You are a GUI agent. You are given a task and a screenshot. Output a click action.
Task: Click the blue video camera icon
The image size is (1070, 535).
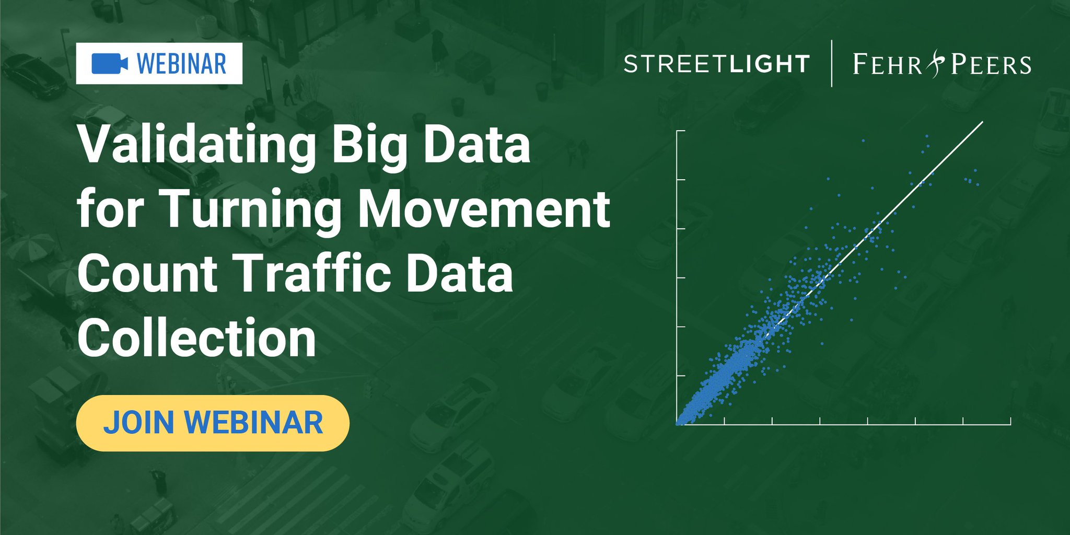pos(110,64)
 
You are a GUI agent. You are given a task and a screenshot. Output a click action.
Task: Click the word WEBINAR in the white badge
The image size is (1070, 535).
pos(181,64)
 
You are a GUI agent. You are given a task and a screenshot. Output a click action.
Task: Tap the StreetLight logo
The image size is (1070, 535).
pos(716,64)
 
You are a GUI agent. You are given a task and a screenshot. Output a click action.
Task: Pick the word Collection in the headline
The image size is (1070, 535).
pos(197,339)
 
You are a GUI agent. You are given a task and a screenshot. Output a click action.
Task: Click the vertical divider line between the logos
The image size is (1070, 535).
pos(831,63)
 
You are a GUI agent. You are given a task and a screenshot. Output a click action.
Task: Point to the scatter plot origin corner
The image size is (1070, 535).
pos(678,424)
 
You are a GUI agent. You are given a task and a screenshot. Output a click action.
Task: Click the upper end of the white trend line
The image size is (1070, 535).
pos(982,122)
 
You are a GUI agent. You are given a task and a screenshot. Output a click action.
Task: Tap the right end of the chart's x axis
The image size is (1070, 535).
pos(1010,424)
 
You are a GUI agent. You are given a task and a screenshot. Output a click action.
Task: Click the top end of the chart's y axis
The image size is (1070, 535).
pos(678,131)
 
